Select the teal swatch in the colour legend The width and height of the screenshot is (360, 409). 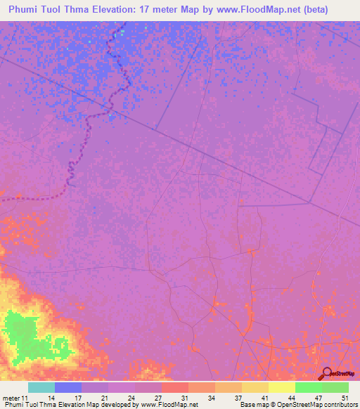(41, 387)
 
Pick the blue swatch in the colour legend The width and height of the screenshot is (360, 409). (68, 387)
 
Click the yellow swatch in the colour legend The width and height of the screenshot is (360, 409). (282, 387)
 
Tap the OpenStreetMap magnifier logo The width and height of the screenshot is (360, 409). (327, 373)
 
